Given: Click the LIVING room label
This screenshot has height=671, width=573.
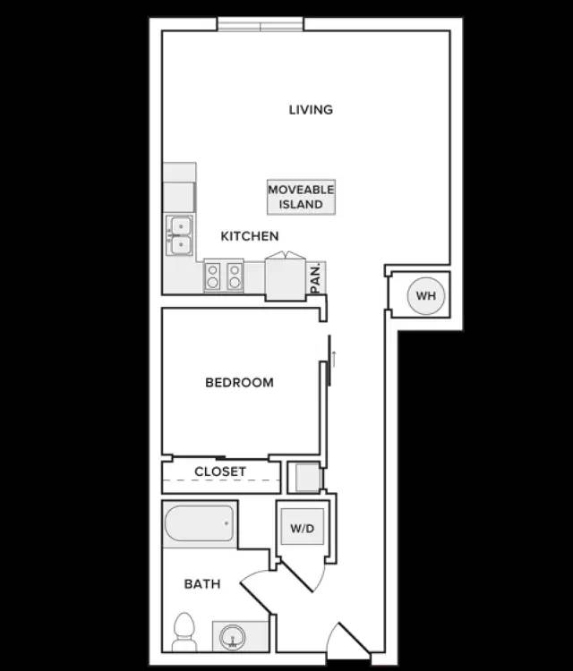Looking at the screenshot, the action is [x=311, y=109].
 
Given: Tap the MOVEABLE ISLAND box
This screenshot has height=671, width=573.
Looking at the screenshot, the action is [x=301, y=197].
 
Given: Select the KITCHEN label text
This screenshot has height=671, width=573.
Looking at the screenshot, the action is [x=250, y=236].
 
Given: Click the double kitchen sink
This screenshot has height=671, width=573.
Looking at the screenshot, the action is [x=180, y=235].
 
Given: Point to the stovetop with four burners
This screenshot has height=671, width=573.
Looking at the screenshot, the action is [x=224, y=276].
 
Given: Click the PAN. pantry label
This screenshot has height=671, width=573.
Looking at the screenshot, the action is [x=316, y=278].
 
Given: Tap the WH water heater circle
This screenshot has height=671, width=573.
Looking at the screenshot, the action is [x=426, y=296].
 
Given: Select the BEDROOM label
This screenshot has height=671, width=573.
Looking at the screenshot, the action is [x=239, y=382].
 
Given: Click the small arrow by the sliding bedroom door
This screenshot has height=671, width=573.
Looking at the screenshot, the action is [x=334, y=359].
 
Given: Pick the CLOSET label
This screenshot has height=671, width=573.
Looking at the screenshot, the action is [x=220, y=471].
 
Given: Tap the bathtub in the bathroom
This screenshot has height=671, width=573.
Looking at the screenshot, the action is [x=199, y=523].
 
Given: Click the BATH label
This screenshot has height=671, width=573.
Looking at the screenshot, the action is [x=202, y=583].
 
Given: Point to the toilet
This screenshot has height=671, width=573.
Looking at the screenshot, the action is [x=184, y=633].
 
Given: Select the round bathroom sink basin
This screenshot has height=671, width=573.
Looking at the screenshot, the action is [x=233, y=637].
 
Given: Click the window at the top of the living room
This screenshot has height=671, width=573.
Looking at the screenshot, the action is [x=261, y=24].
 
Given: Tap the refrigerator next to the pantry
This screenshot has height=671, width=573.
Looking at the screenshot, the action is [x=286, y=276].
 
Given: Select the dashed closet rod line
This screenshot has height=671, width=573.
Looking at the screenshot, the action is [x=221, y=480].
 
